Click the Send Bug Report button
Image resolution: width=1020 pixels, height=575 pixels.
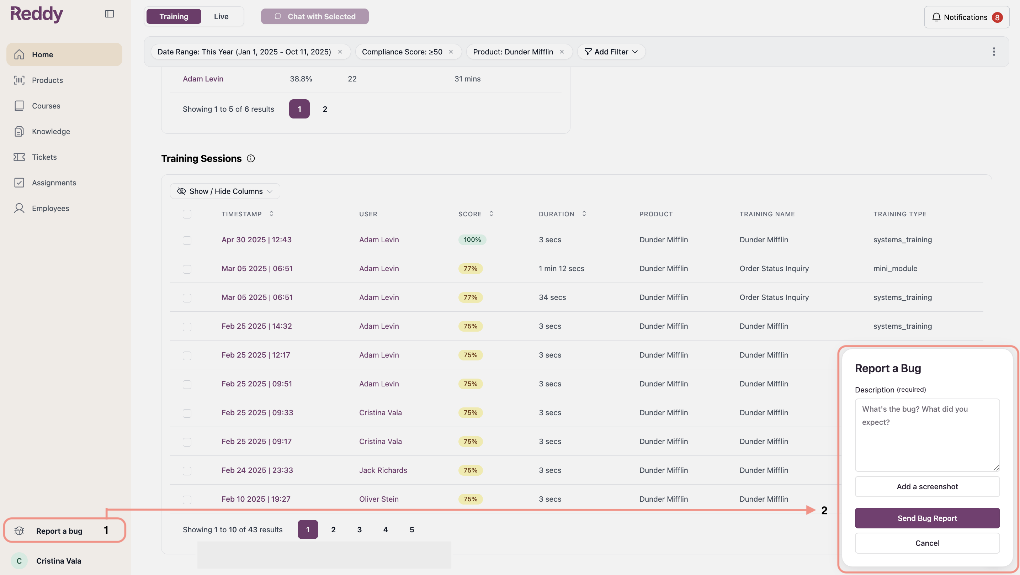(x=927, y=518)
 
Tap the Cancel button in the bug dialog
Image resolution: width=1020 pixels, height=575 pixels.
(x=927, y=543)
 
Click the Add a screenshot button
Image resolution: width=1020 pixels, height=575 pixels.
(x=927, y=486)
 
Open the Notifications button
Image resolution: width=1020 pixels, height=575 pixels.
(x=967, y=17)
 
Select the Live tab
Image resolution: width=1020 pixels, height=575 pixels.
(x=221, y=16)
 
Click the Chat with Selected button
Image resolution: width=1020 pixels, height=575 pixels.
(x=315, y=16)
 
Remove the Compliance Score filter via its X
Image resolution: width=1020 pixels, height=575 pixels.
(x=451, y=52)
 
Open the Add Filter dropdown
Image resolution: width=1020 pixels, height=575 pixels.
(x=611, y=52)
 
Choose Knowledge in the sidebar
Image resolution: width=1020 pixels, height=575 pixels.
(x=51, y=131)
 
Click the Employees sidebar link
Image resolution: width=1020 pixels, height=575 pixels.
(x=50, y=208)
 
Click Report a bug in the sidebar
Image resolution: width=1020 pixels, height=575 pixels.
(x=59, y=531)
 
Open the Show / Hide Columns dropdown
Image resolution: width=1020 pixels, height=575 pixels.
(x=225, y=191)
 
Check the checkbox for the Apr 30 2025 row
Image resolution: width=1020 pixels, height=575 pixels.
(x=187, y=240)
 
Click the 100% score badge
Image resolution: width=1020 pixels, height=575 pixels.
(x=472, y=240)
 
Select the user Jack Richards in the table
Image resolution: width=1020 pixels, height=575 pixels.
(x=383, y=470)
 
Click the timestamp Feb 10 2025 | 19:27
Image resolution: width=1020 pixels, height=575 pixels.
(x=256, y=499)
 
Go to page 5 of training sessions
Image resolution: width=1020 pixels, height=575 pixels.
(x=412, y=529)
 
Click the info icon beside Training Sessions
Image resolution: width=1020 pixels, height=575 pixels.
(x=251, y=158)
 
